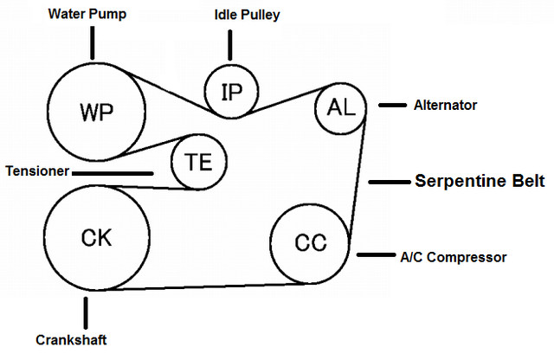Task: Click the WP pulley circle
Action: [x=96, y=110]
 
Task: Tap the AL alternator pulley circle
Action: [x=341, y=107]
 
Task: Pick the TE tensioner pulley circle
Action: [x=198, y=162]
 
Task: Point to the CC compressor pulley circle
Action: [x=310, y=243]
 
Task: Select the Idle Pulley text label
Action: [x=247, y=15]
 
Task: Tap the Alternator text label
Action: [x=446, y=105]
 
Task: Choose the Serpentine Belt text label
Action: [x=479, y=182]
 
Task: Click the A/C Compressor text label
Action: [x=453, y=256]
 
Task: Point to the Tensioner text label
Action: [x=36, y=171]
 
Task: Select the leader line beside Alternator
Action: [x=392, y=106]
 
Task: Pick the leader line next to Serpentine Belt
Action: [x=387, y=182]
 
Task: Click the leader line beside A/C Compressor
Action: [x=375, y=255]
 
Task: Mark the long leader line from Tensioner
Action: [x=113, y=173]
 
